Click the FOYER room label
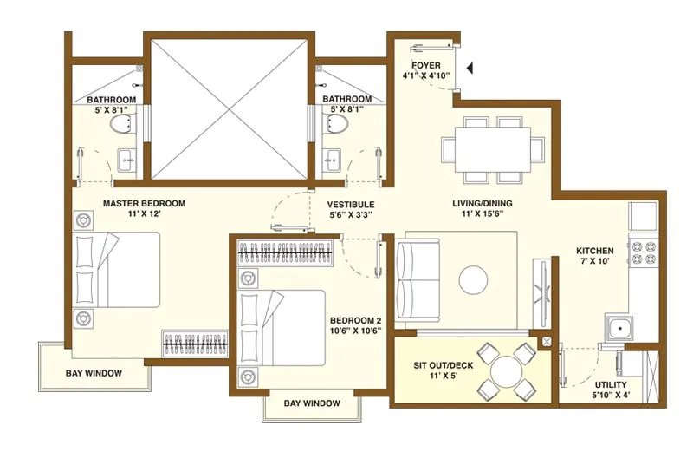pos(425,66)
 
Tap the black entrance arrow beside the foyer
pos(469,67)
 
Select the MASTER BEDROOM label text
pos(145,204)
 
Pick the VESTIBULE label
pos(350,204)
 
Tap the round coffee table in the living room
pos(475,279)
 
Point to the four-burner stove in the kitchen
pos(645,252)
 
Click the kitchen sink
pos(619,329)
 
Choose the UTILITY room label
pos(612,384)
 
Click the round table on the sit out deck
pos(505,370)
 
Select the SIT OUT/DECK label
pos(443,365)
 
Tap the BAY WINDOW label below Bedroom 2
pos(312,403)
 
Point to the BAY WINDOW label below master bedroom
pos(94,374)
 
